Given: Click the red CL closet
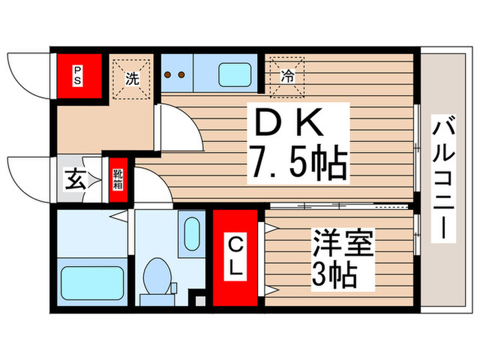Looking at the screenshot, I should pos(235,257).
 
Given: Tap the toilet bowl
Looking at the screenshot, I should pos(158,278).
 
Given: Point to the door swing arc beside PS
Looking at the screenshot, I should pos(27,72).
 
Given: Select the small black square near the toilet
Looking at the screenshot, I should pos(200,300).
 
